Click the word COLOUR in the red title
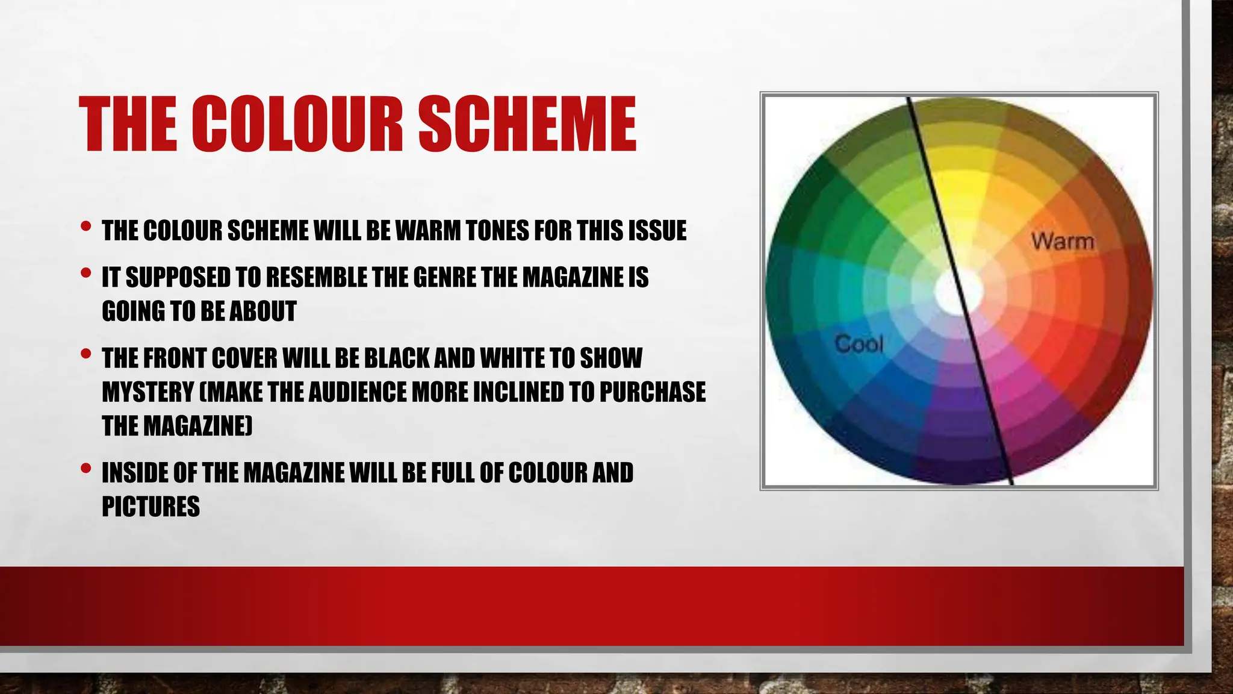click(x=297, y=125)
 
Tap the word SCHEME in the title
click(x=527, y=125)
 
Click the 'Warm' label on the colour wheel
click(x=1063, y=242)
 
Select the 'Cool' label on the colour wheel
click(x=859, y=345)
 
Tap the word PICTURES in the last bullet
click(x=151, y=507)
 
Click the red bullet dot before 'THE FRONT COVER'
click(x=85, y=354)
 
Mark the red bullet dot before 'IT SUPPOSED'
click(x=85, y=274)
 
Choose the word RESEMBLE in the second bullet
click(x=316, y=278)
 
